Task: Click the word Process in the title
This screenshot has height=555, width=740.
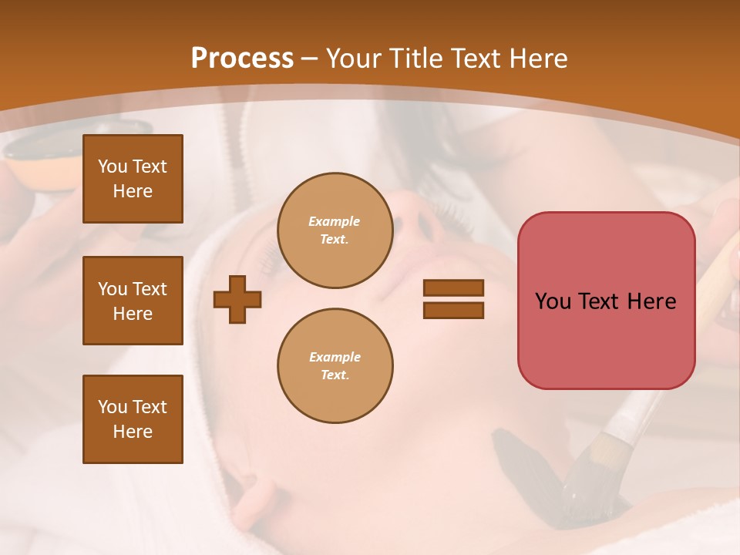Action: [242, 58]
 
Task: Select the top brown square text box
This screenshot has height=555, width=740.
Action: [133, 179]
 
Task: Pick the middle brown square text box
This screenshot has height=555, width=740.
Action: [133, 301]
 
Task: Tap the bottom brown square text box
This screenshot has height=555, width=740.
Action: [133, 419]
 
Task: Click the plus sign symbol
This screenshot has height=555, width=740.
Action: [237, 299]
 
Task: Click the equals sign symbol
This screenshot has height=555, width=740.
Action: [453, 299]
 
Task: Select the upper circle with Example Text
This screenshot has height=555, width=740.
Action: [335, 230]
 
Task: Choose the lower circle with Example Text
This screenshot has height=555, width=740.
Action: [335, 366]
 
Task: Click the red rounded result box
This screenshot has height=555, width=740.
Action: [606, 301]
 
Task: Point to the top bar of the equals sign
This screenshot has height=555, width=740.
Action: [453, 288]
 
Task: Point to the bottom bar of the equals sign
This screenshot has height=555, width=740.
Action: [453, 310]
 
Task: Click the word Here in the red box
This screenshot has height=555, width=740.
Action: [652, 301]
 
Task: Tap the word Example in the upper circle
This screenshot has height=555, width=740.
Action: [335, 221]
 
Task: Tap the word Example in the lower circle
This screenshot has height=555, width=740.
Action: [335, 357]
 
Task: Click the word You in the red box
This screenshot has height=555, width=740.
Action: [553, 301]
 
